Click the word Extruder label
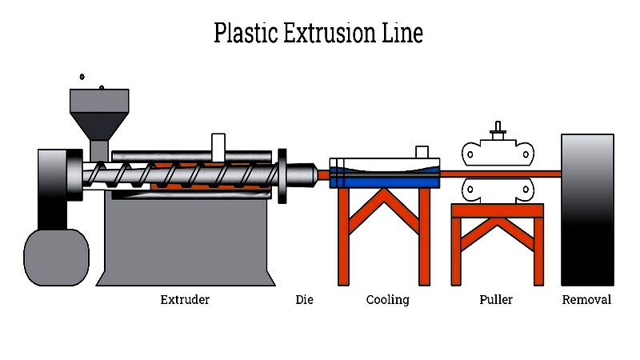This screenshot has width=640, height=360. coord(185,300)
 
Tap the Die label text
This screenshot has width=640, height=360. coord(304,300)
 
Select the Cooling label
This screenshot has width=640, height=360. coord(387,300)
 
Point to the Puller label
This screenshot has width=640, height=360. coord(496,300)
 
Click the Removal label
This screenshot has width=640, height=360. coord(586,300)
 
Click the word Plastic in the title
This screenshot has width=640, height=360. coord(246,34)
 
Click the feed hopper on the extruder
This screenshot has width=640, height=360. coord(99,112)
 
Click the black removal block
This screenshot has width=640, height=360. coord(587,210)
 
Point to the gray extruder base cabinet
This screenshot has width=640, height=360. coord(186,240)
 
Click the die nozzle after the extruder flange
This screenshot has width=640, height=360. coord(302,174)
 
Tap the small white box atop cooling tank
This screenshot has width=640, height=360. coord(422,152)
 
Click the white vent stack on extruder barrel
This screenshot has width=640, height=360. coord(218,146)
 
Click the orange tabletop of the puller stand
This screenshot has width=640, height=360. coord(497,210)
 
